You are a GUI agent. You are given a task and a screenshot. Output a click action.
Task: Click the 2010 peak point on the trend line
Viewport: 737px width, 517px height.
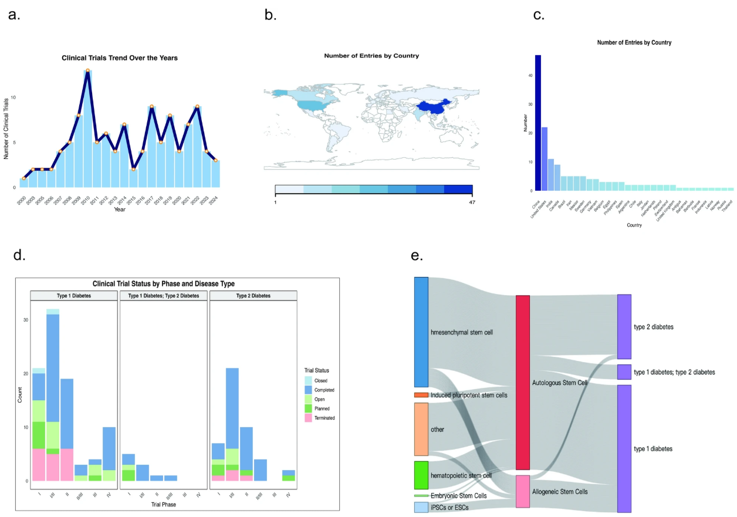tap(87, 70)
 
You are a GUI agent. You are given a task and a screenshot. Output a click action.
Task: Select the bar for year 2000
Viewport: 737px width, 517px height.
tap(24, 183)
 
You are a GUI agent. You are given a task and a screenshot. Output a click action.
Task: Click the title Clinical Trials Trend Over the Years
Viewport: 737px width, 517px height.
tap(120, 58)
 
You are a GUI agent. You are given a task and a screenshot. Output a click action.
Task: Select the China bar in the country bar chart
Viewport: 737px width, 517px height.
tap(538, 123)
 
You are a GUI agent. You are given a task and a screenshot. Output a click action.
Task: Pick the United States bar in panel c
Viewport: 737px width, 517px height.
tap(545, 158)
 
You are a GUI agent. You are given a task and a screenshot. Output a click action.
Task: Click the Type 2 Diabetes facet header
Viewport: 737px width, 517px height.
tap(253, 296)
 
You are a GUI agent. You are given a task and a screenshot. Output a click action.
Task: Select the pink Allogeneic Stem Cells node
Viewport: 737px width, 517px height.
tap(523, 491)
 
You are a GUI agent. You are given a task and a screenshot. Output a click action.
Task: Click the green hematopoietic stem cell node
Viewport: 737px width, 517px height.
tap(421, 475)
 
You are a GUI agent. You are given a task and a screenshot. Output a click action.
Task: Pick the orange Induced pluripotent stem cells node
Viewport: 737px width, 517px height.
tap(421, 395)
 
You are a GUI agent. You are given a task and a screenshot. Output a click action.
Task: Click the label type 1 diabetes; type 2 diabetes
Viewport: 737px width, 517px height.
tap(674, 372)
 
